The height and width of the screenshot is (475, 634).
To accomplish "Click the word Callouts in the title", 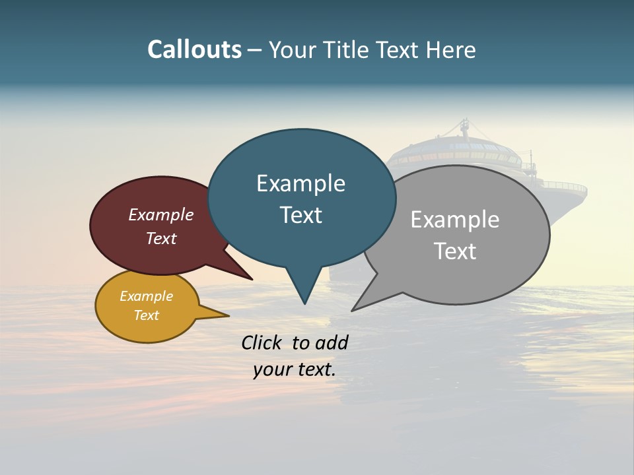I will [x=194, y=49].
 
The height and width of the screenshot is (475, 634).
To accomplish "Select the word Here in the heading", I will [x=451, y=49].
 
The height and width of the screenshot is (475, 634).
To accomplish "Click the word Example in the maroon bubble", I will [x=161, y=215].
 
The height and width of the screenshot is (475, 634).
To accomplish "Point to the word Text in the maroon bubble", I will [x=161, y=238].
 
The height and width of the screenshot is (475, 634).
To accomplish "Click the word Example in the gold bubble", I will [x=147, y=296].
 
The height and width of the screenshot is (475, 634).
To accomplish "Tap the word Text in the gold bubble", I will [x=147, y=315].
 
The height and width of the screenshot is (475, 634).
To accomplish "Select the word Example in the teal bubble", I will [x=300, y=183].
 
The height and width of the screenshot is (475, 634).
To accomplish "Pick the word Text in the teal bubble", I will [x=300, y=215].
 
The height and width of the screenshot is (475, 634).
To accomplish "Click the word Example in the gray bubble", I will [x=455, y=220].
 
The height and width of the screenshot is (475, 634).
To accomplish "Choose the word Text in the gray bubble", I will [x=455, y=251].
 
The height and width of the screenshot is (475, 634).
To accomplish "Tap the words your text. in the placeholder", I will [x=295, y=370].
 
